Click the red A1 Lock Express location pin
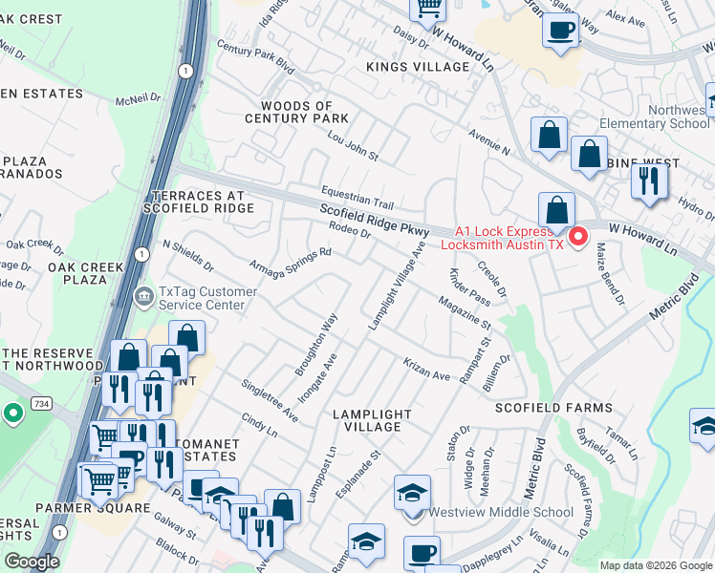[578, 237]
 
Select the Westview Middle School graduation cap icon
[412, 495]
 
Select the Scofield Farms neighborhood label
[552, 408]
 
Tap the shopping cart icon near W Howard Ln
[428, 9]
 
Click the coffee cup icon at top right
[560, 29]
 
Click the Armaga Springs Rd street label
[290, 258]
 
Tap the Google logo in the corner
[32, 562]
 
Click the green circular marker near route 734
[12, 414]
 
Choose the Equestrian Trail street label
[357, 197]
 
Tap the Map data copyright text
[656, 565]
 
